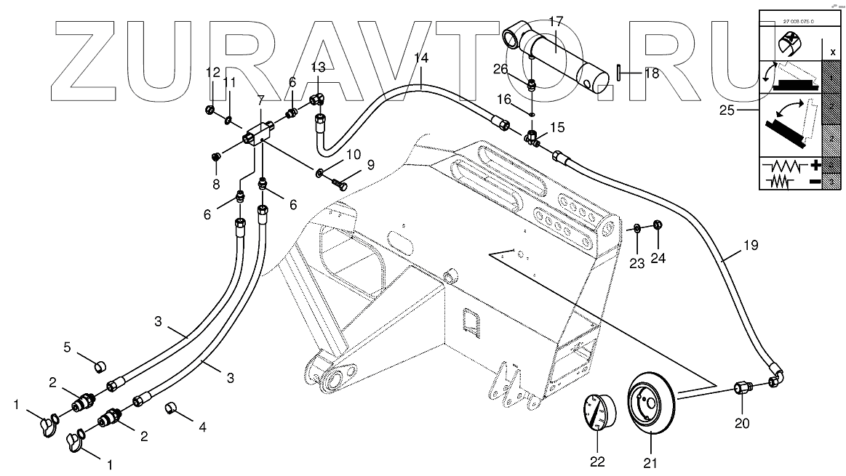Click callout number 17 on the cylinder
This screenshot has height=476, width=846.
pyautogui.click(x=555, y=23)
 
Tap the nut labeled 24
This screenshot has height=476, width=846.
pyautogui.click(x=658, y=225)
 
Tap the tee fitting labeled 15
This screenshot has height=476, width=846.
pyautogui.click(x=532, y=137)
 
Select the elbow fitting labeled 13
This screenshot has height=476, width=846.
pyautogui.click(x=317, y=99)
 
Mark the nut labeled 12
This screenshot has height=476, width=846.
pyautogui.click(x=210, y=110)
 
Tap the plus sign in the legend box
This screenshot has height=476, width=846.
pyautogui.click(x=815, y=166)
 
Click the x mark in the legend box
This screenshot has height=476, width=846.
pyautogui.click(x=831, y=52)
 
